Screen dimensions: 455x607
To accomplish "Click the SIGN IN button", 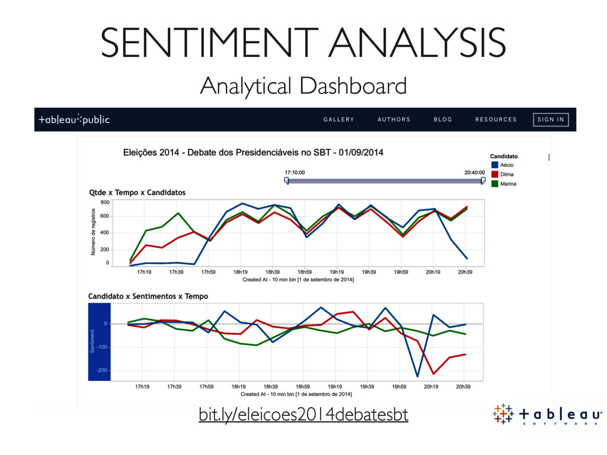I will point(551,119).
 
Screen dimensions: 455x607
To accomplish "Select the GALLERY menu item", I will point(338,119).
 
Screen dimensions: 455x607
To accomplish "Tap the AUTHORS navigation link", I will point(394,119).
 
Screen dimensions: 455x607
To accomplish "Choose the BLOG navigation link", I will point(443,119).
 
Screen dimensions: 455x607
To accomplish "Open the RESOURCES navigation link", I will point(496,119).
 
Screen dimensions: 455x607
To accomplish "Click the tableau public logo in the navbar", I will point(74,119).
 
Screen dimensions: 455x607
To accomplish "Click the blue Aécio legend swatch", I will point(494,165).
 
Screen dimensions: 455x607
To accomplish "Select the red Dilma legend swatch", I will point(494,174).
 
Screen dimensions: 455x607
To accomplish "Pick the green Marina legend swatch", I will point(494,184).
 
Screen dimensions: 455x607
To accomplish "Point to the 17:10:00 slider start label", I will point(295,172).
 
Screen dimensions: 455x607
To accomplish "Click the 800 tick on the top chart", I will point(105,203).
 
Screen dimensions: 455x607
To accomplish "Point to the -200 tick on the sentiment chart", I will point(103,371).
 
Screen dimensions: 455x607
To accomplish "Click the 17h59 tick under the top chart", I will point(208,273).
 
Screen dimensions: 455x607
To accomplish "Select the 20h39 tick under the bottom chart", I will point(464,387).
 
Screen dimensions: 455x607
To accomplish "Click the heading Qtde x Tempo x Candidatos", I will point(137,193).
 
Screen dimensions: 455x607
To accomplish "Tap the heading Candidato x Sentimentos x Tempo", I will point(148,296).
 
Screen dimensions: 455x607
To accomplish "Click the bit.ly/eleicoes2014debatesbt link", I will point(303,415).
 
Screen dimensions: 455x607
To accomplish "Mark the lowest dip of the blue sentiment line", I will point(417,376).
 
